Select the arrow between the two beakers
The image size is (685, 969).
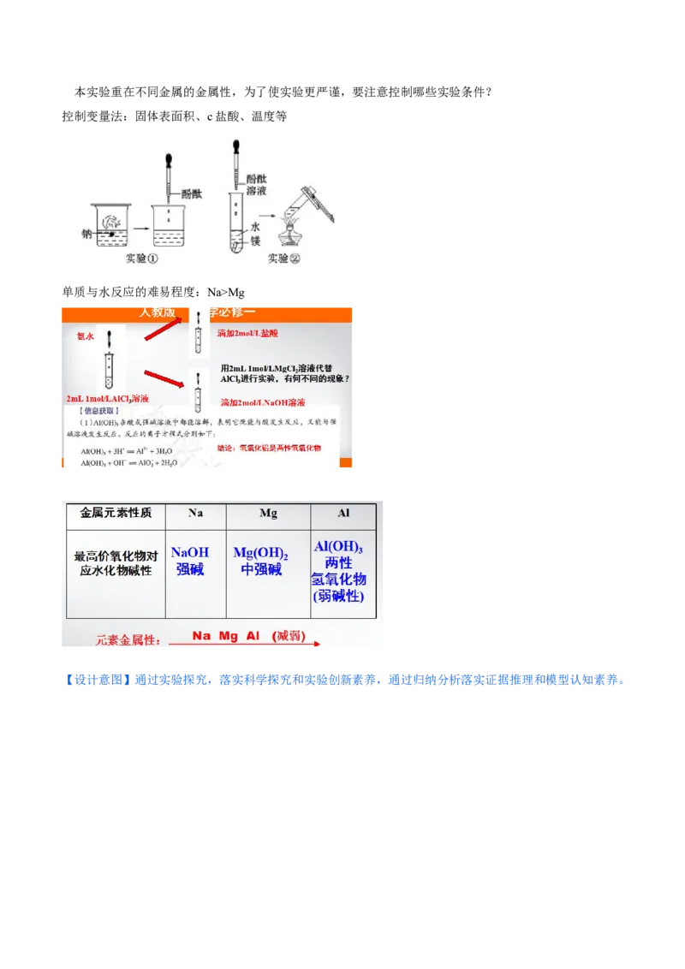pos(140,229)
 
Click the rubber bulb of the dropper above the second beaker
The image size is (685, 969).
pos(170,161)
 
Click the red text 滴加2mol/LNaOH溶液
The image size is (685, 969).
pos(263,402)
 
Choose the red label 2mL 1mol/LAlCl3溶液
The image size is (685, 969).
pos(108,399)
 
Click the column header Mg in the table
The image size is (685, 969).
pos(268,514)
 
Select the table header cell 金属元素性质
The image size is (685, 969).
pos(116,514)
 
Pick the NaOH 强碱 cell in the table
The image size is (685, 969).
pos(189,561)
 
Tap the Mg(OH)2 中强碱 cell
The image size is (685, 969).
pos(261,561)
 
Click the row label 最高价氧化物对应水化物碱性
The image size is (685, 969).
pos(116,562)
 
